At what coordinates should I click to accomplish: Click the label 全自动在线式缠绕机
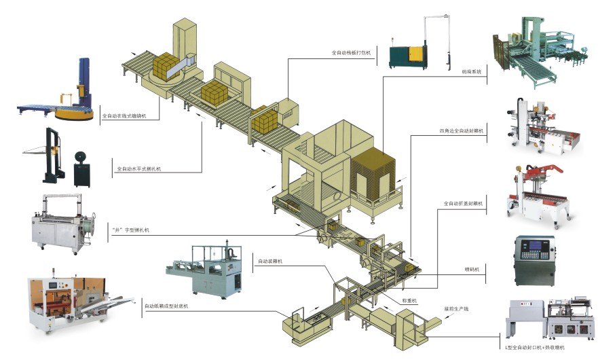point(124,116)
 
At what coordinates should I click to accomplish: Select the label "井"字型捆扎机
point(130,230)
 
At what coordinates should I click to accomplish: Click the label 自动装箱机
point(271,260)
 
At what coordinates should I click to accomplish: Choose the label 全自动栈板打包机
point(351,52)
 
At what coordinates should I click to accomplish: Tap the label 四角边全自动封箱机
point(461,130)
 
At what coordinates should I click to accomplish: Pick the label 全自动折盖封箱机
point(463,203)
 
